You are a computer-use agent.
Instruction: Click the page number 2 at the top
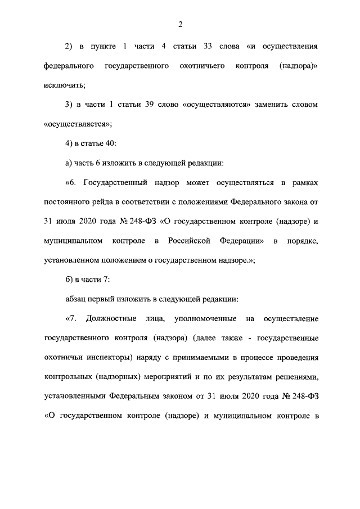pos(180,24)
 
